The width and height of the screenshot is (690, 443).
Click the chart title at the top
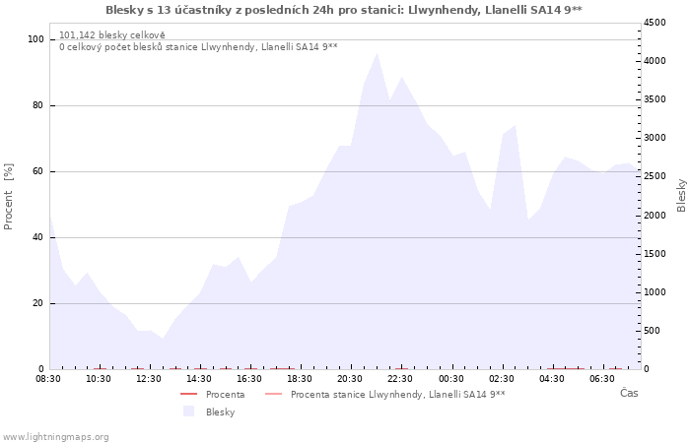point(344,10)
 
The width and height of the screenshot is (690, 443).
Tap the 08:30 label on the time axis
point(48,379)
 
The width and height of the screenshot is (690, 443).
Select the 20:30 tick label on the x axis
point(350,379)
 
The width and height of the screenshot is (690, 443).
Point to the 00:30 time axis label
point(451,379)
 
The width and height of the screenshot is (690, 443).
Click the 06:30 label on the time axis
point(602,379)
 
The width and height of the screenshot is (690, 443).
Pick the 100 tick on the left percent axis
point(35,39)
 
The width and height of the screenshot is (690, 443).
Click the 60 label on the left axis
point(37,171)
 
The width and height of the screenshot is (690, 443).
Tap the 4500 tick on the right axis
point(655,23)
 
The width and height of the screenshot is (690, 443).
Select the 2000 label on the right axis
point(655,216)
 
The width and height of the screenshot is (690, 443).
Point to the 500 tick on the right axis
point(653,331)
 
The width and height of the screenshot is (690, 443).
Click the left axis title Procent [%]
point(8,197)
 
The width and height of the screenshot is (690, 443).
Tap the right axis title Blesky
point(681,196)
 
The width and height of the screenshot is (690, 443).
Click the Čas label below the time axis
point(629,393)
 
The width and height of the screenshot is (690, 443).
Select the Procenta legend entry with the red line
point(213,395)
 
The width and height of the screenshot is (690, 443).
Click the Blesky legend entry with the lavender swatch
point(209,412)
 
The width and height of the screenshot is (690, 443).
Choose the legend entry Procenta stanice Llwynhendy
point(385,395)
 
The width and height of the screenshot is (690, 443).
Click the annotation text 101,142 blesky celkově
point(112,35)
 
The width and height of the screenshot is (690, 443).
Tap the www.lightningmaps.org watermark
point(55,437)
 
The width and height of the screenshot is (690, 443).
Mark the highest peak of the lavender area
point(378,53)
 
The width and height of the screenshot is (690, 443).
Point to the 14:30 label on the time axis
point(199,379)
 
